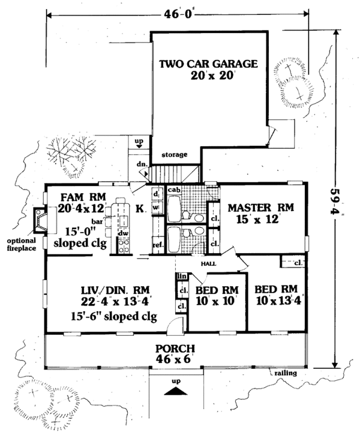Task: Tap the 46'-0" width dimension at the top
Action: pos(178,14)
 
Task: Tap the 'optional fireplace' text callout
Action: pos(21,244)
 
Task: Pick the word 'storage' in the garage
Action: pos(175,155)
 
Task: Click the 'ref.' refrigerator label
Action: pos(158,245)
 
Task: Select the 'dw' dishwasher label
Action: pos(123,233)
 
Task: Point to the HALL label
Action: pos(209,264)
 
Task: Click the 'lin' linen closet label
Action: pos(182,276)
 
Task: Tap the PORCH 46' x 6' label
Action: pos(175,354)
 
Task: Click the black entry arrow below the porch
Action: pos(176,391)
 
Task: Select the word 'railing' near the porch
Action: pos(286,373)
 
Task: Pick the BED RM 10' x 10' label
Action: pos(217,296)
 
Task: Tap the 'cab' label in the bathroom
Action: pos(174,190)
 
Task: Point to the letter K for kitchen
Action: pos(140,209)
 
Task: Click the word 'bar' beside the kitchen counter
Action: pos(97,221)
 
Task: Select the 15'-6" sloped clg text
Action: pos(114,316)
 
